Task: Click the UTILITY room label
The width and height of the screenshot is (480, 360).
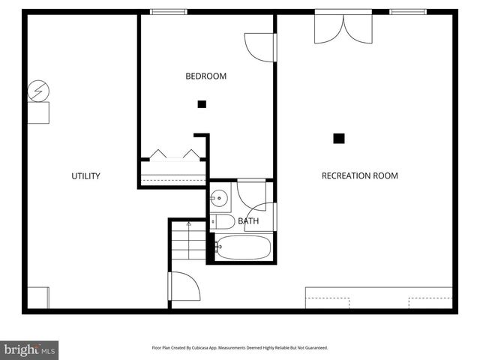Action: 85,176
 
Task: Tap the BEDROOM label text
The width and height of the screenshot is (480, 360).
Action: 205,76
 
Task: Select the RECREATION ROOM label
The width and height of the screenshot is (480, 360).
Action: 359,176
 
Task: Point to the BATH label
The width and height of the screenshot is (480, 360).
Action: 248,221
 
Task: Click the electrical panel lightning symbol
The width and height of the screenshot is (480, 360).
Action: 37,92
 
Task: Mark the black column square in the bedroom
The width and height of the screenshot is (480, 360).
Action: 202,104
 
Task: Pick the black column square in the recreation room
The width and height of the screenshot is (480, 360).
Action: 339,138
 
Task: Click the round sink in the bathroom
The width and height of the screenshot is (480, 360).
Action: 219,199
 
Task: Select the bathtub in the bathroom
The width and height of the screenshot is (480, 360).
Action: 243,247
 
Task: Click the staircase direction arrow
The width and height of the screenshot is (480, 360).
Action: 188,224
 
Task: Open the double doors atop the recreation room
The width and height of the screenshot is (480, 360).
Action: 343,27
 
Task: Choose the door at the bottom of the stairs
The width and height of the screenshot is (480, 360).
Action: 184,288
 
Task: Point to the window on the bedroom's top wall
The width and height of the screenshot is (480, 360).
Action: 169,11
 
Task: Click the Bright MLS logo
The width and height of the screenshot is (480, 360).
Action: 30,349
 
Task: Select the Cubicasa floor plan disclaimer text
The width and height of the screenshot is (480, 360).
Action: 239,348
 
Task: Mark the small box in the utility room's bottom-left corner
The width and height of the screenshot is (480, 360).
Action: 38,297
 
